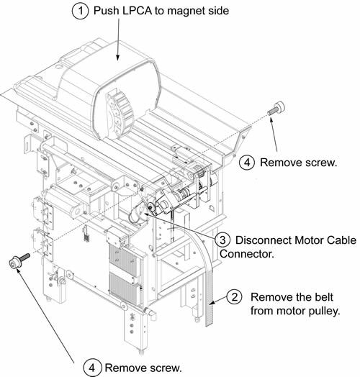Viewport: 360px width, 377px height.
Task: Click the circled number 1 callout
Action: coord(81,11)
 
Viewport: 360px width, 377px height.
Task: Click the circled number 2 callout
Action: coord(235,297)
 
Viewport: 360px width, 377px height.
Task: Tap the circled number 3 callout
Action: coord(222,240)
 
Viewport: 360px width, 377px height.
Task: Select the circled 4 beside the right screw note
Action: coord(247,163)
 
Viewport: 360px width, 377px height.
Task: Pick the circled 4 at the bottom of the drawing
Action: coord(91,368)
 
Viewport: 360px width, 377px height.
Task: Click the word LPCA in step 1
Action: coord(137,11)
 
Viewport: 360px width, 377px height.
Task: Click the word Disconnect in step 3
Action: coord(263,240)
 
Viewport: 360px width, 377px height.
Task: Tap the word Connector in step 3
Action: coord(247,254)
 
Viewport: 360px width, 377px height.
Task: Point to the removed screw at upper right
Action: coord(276,108)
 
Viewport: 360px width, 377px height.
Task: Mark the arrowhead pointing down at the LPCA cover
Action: coord(117,58)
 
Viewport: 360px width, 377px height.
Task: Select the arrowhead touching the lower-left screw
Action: coord(19,271)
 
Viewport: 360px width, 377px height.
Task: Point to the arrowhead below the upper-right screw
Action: coord(271,120)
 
